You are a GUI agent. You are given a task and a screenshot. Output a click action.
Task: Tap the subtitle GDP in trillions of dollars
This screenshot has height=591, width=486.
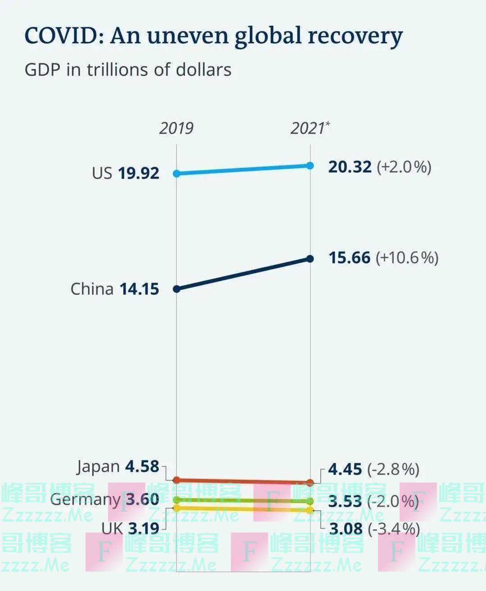[x=128, y=70]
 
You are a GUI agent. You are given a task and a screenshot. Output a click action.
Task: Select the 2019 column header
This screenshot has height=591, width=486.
[x=176, y=128]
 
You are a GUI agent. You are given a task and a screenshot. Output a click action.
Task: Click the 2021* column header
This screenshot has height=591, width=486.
[x=310, y=128]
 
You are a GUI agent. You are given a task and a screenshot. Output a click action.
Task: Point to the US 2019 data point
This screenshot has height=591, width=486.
[x=177, y=173]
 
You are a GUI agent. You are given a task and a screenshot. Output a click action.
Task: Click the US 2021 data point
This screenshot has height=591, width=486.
[x=310, y=166]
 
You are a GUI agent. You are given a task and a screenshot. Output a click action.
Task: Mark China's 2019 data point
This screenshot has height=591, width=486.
[x=177, y=289]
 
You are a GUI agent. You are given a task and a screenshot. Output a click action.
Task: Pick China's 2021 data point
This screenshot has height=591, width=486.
[x=310, y=259]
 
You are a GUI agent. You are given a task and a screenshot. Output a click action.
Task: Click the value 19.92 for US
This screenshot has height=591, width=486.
[x=139, y=173]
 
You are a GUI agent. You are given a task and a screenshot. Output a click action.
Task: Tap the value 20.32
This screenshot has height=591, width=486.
[x=350, y=167]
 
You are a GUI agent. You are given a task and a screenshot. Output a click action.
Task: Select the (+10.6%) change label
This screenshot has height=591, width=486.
[x=407, y=258]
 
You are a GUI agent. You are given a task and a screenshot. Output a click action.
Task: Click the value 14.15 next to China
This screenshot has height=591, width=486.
[x=139, y=289]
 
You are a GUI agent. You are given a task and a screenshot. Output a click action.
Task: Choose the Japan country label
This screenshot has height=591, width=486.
[x=98, y=467]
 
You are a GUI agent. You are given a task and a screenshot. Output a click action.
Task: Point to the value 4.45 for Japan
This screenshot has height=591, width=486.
[x=345, y=469]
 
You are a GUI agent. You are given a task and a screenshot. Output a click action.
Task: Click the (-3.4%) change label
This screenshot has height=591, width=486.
[x=393, y=529]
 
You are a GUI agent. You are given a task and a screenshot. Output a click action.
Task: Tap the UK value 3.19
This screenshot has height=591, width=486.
[x=144, y=528]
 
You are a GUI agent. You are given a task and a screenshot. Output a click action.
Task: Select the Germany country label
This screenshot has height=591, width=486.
[x=85, y=499]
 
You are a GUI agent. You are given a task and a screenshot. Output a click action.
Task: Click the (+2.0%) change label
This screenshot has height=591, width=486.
[x=404, y=167]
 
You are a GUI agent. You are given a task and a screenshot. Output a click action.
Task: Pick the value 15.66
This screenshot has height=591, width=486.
[x=349, y=258]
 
